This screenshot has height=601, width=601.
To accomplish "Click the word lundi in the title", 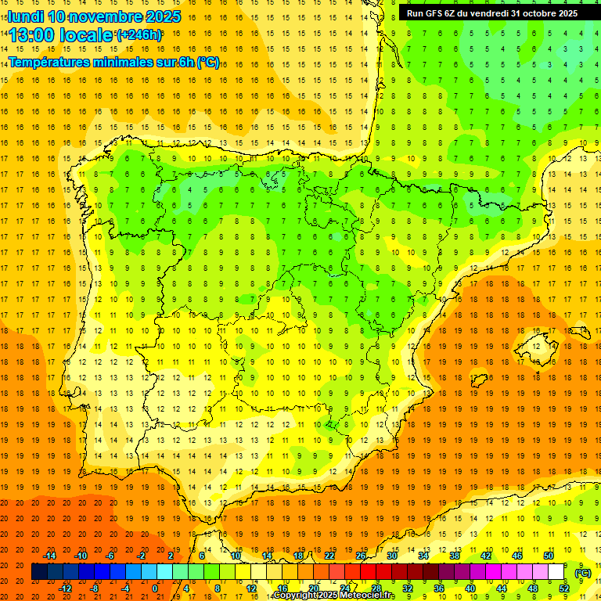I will [25, 16].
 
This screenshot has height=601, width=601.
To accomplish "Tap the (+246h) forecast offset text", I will [139, 34].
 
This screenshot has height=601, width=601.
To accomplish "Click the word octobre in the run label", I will [534, 13].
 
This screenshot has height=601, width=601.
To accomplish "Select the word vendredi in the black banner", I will [489, 13].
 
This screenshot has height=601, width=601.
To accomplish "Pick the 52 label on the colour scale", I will [564, 588].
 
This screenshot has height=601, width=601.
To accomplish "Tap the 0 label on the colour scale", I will [155, 588].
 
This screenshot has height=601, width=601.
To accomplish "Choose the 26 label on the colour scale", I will [361, 556].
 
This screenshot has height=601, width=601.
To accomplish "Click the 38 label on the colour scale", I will [455, 556].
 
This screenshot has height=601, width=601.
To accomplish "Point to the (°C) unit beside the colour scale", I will [583, 573].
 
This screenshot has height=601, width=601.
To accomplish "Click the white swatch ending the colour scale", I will [556, 572].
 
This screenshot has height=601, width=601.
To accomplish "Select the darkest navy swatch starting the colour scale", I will [39, 572].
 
